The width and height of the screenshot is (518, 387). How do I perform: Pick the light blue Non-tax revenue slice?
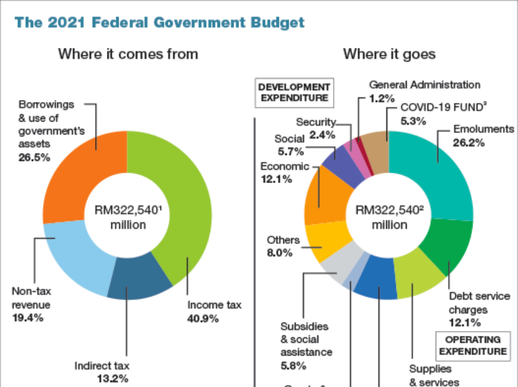[x=68, y=252]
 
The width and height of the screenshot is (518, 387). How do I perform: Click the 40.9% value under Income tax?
[x=203, y=318]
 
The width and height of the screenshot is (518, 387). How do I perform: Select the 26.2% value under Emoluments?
[x=469, y=143]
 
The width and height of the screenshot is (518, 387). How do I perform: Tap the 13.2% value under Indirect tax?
[x=112, y=379]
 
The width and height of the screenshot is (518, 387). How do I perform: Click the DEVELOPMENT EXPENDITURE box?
[x=294, y=92]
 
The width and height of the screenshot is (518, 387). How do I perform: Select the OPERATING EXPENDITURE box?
[x=473, y=345]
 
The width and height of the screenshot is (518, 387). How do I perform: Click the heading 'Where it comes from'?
[x=128, y=54]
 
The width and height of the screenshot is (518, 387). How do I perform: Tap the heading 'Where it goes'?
[x=389, y=54]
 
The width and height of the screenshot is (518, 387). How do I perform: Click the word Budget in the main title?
[x=274, y=23]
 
